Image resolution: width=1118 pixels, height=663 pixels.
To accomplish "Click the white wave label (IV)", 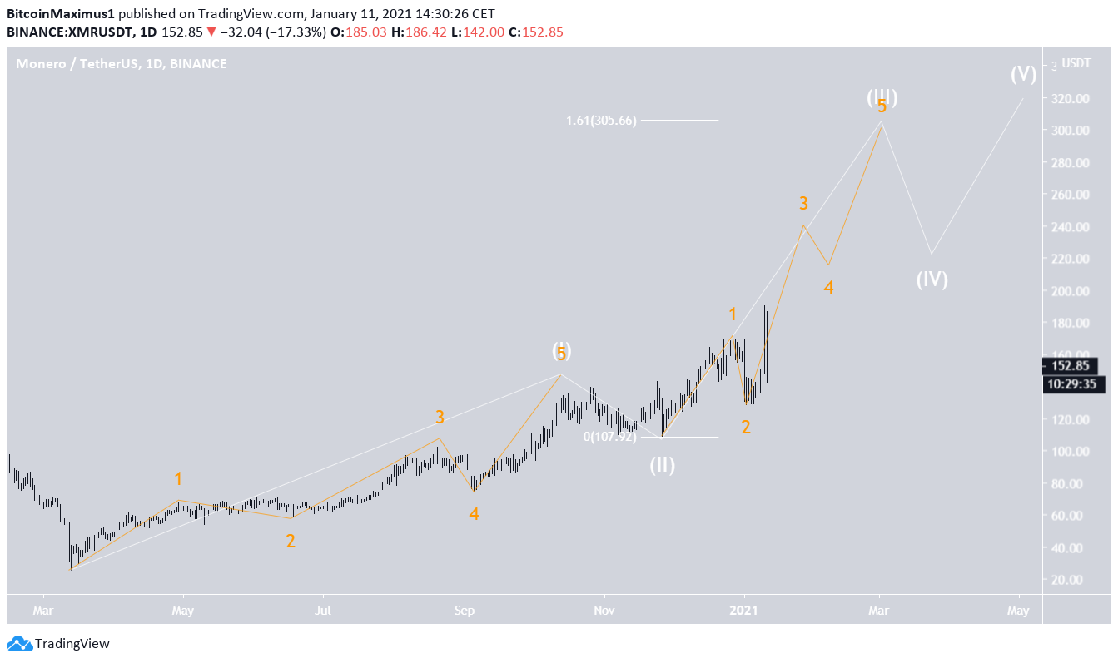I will coord(932,280).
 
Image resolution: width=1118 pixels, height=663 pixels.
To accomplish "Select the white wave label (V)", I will coord(1023,74).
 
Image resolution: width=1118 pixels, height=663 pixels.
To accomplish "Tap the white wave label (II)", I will coord(663,465).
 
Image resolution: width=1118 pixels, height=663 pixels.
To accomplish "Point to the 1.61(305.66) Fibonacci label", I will coord(597,121).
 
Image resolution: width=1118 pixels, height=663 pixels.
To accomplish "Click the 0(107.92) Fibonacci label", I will coord(609,436).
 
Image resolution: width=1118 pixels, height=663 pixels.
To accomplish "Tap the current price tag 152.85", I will coord(1070,366).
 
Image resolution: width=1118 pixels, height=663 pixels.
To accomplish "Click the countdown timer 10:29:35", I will coord(1070,383).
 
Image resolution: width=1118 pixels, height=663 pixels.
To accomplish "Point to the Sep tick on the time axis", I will coord(465,610).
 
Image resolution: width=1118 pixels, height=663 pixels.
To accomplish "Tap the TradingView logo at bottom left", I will coord(58,643).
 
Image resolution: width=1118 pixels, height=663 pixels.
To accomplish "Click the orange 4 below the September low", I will coord(474,514).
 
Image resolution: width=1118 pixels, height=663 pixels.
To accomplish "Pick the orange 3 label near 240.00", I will coord(803,203).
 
